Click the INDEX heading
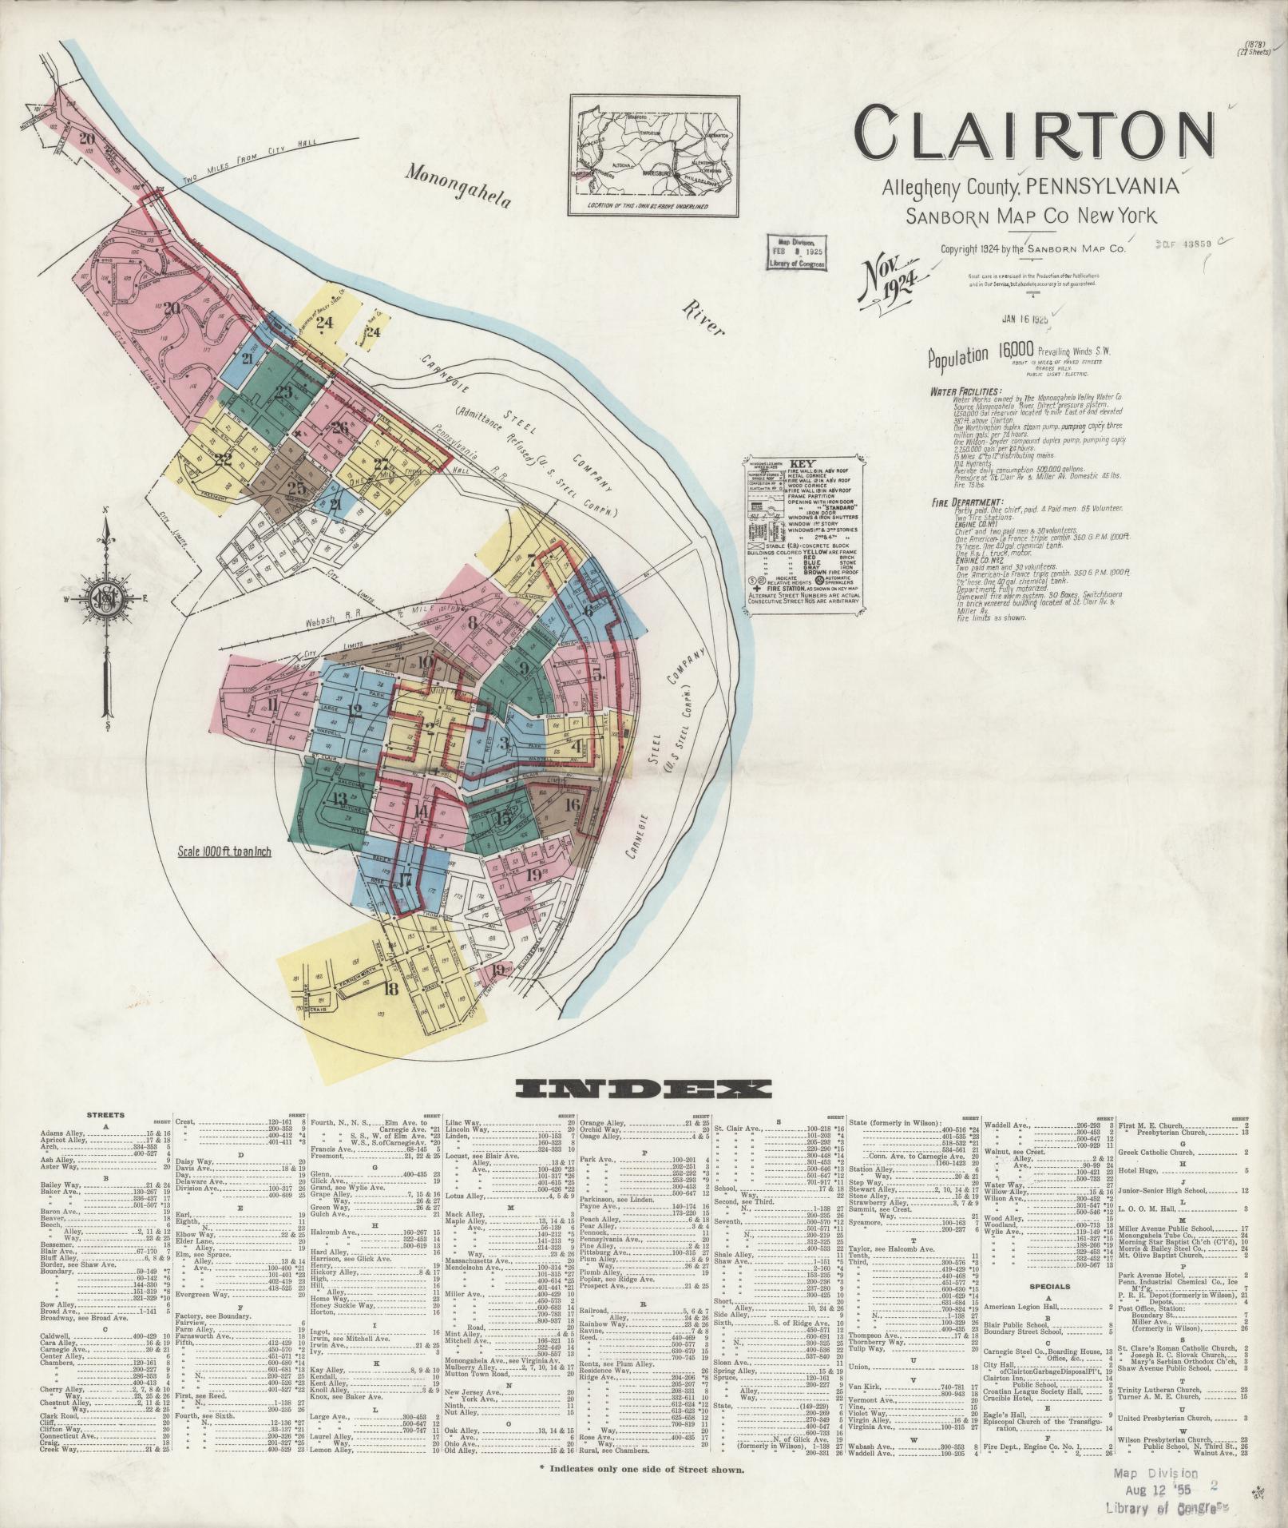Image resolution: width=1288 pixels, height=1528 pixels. [644, 1089]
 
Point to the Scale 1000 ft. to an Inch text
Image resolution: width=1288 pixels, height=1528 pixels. [220, 852]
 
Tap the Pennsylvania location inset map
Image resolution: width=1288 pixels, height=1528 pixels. [653, 155]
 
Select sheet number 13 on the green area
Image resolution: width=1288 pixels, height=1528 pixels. [339, 799]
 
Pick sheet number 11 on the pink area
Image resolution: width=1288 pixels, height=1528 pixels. [273, 704]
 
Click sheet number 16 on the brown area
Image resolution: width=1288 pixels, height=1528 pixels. [571, 804]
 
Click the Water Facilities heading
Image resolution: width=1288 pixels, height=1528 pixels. [965, 392]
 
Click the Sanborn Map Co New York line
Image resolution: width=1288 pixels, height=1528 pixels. [1030, 216]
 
